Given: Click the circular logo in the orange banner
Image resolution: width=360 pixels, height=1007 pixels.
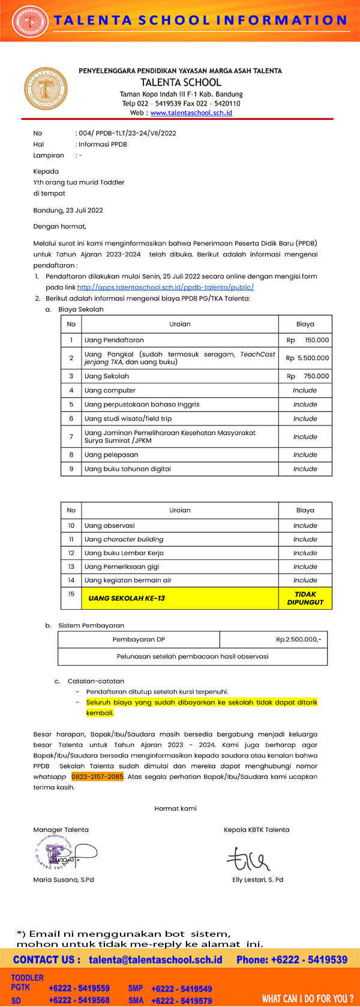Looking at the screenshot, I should (29, 21).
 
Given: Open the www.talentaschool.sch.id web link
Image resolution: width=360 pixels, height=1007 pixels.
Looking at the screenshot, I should (191, 113).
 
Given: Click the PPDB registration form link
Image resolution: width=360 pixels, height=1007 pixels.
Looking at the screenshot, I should (165, 287).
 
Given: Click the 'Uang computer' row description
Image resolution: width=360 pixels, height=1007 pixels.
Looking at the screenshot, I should (110, 391).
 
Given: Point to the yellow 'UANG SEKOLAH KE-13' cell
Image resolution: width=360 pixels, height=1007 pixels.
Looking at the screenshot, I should (127, 598).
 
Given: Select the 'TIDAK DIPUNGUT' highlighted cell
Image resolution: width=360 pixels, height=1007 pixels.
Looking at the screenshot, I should (305, 598).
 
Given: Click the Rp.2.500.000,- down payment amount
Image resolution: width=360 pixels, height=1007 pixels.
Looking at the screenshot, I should (298, 640).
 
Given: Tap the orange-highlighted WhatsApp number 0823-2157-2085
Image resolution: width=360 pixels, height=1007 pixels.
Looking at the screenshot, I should (97, 777).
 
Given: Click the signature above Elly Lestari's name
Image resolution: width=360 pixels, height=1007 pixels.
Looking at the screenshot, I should (247, 859).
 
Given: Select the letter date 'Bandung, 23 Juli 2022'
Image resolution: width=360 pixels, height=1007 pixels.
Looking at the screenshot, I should (68, 211).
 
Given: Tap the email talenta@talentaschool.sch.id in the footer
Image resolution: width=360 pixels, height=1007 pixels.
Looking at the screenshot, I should (155, 960).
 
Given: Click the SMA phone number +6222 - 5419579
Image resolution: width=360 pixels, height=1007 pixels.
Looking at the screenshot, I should (181, 1001).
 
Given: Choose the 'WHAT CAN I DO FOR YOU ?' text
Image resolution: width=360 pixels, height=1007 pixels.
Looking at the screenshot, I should (307, 999).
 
